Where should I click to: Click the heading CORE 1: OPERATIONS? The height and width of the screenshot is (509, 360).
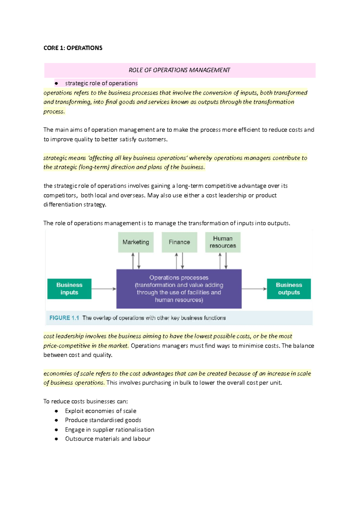coord(73,48)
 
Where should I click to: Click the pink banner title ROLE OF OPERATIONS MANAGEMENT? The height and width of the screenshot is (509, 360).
coord(179,70)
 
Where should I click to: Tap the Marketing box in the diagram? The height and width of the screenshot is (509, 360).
coord(136,242)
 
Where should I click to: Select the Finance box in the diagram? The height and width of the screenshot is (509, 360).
coord(179,242)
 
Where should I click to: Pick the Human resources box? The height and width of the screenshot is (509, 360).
coord(223,242)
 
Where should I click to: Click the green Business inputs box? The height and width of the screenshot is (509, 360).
coord(69,289)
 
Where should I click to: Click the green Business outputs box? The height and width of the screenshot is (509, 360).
coord(289,289)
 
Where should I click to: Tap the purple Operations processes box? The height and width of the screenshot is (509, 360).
coord(179,289)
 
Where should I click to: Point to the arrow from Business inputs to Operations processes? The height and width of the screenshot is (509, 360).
coord(103,289)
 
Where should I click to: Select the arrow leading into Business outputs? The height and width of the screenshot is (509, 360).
coord(254,289)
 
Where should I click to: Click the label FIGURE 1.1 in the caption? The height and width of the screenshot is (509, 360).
coord(64,318)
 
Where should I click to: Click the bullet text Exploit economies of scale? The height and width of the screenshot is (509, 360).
coord(100,411)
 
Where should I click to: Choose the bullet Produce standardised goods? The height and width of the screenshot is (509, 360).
coord(103,420)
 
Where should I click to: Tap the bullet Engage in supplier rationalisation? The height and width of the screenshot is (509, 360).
coord(109,430)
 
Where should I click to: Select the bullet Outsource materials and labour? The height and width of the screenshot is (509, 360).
coord(108,439)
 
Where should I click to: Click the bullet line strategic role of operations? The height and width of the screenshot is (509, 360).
coord(101,83)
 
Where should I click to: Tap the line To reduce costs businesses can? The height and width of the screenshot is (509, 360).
coord(85,401)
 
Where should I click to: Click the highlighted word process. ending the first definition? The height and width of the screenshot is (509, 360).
coord(54,112)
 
